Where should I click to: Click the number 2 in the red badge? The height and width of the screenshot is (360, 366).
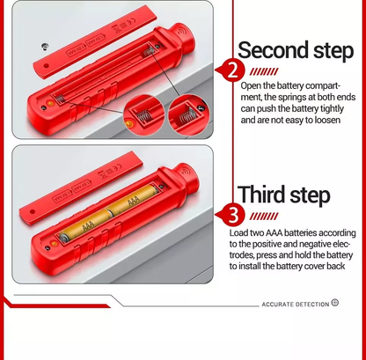click(x=233, y=70)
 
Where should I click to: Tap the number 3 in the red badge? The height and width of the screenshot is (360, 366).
click(x=233, y=215)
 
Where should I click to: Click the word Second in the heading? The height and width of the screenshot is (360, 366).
click(x=273, y=50)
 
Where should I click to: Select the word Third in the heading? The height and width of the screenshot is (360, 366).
click(x=261, y=195)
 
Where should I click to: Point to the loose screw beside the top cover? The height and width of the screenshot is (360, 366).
click(x=45, y=47)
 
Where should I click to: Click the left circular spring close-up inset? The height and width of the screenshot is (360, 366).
click(x=143, y=115)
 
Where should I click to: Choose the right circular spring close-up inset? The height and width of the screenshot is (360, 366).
click(x=188, y=115)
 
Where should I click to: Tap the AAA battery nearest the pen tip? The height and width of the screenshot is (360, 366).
click(x=134, y=199)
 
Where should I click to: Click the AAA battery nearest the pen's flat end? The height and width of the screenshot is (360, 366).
click(x=85, y=226)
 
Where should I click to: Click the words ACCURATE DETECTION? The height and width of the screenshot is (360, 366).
click(x=296, y=305)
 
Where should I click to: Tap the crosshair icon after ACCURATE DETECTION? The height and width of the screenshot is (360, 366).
click(x=334, y=303)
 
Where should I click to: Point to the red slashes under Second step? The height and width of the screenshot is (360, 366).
click(x=264, y=71)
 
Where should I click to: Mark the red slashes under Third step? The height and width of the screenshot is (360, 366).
click(x=264, y=217)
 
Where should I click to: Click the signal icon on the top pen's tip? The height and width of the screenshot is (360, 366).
click(x=182, y=31)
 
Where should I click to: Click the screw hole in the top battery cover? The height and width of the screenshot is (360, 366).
click(x=46, y=65)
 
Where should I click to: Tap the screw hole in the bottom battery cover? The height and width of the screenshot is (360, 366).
click(x=33, y=211)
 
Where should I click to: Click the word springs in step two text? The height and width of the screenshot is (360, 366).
click(x=291, y=98)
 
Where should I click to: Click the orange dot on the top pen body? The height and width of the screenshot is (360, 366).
click(x=49, y=103)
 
